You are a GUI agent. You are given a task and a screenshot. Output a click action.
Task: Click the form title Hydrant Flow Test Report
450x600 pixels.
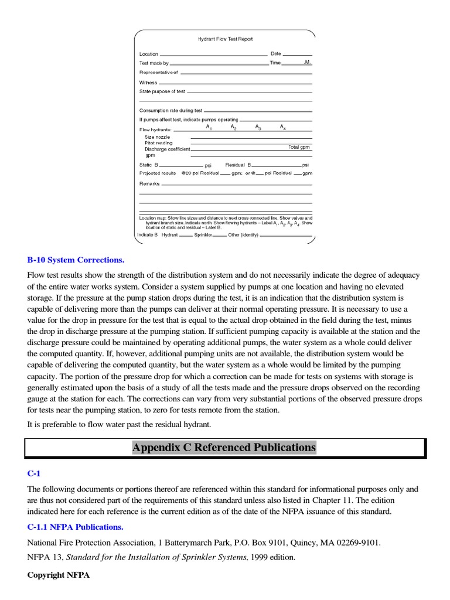225,39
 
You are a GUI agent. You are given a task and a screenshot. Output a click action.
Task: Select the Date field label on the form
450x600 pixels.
276,54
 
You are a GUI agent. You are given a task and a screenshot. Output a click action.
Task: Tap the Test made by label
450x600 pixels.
154,63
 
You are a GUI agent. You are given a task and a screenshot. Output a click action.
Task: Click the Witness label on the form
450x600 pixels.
148,83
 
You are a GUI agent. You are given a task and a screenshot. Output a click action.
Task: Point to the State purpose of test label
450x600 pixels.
162,92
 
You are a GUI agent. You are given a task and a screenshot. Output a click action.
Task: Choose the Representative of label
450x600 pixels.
158,72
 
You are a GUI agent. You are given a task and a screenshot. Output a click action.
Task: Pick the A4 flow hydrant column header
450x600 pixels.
283,127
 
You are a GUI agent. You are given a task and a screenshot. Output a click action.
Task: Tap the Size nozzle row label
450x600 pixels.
158,137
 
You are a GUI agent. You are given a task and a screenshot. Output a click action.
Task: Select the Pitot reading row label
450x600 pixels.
159,143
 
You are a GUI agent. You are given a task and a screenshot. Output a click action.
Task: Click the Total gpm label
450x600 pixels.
298,147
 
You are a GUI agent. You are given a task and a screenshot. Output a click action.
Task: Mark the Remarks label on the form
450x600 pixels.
149,183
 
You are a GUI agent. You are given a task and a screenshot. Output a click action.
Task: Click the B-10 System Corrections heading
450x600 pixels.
76,260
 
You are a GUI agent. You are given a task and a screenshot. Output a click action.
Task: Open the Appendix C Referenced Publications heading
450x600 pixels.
224,448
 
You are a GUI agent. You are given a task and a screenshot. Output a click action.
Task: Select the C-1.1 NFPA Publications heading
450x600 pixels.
75,527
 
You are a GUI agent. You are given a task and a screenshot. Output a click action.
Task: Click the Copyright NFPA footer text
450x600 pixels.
59,575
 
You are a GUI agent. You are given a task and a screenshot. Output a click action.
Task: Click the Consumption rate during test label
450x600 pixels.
171,110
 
